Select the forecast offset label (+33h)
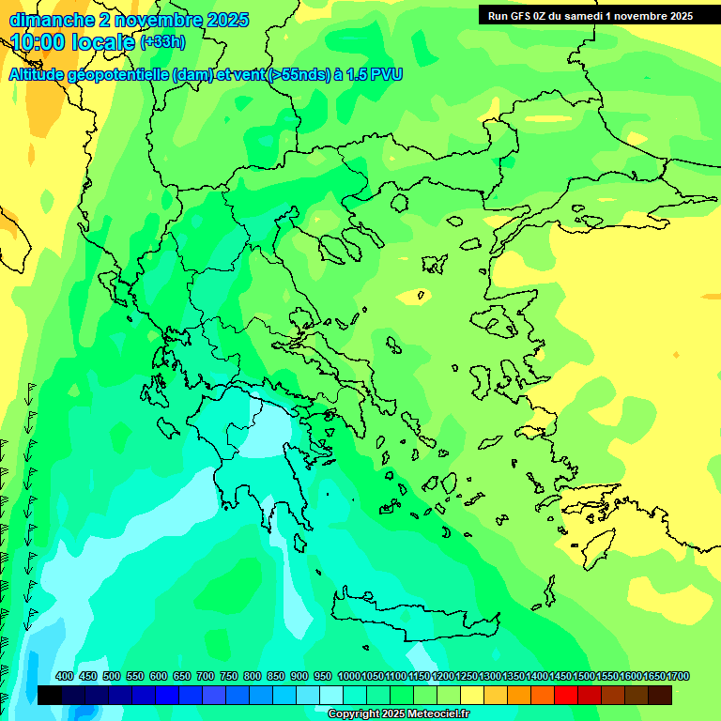162,42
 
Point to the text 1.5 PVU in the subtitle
375,74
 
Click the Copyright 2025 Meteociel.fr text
398,713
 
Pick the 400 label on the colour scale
65,676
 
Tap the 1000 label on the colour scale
348,676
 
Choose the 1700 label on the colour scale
678,676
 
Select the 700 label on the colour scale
206,676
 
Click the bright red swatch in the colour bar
566,695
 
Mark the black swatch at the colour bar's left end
50,695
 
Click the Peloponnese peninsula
253,460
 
